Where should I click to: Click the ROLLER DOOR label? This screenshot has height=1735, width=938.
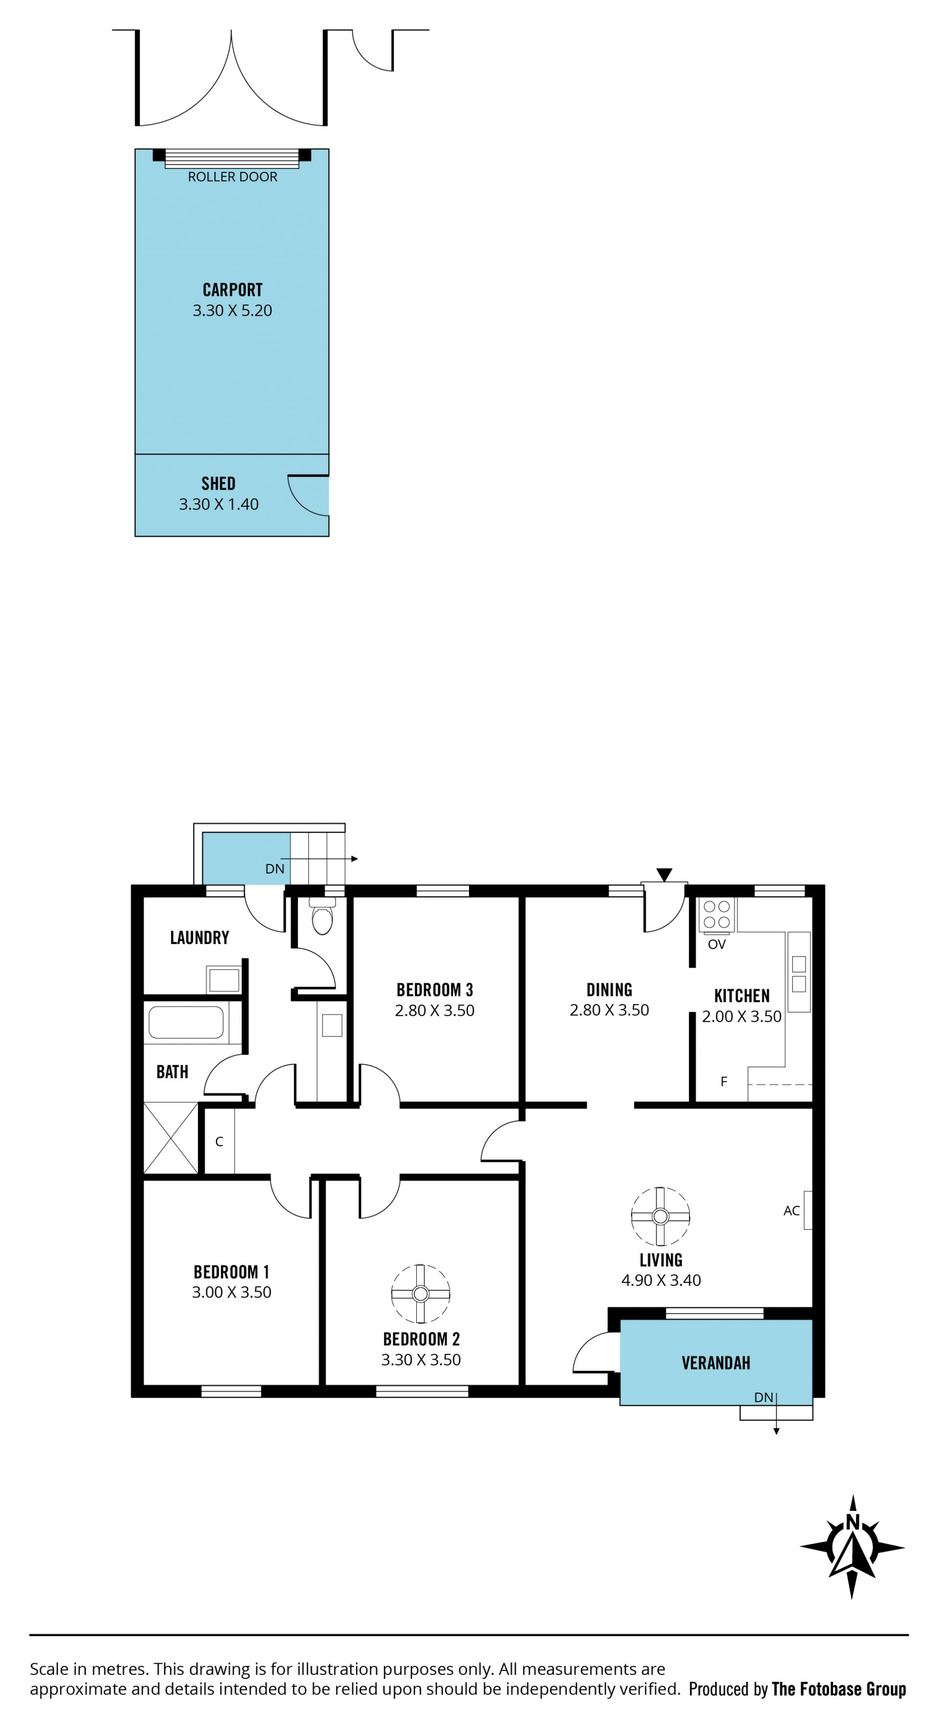pos(233,176)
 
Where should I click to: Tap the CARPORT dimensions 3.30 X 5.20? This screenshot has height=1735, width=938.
pos(233,310)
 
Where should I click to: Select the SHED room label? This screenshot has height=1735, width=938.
pos(218,484)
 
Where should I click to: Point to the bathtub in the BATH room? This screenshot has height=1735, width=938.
pos(186,1022)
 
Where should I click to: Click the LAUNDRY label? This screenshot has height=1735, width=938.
pos(199,937)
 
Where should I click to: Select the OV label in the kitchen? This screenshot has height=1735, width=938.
pos(716,944)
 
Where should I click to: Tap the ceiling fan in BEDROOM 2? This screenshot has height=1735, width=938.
pos(421,1294)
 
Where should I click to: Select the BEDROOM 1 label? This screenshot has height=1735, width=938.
pos(231,1272)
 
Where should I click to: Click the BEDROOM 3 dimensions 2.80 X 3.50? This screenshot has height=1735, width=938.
pos(435,1010)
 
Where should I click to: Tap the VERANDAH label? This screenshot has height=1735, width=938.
pos(716,1363)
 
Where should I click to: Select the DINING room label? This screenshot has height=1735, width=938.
pos(609,990)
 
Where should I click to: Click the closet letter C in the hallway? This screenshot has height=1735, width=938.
pos(219,1142)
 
